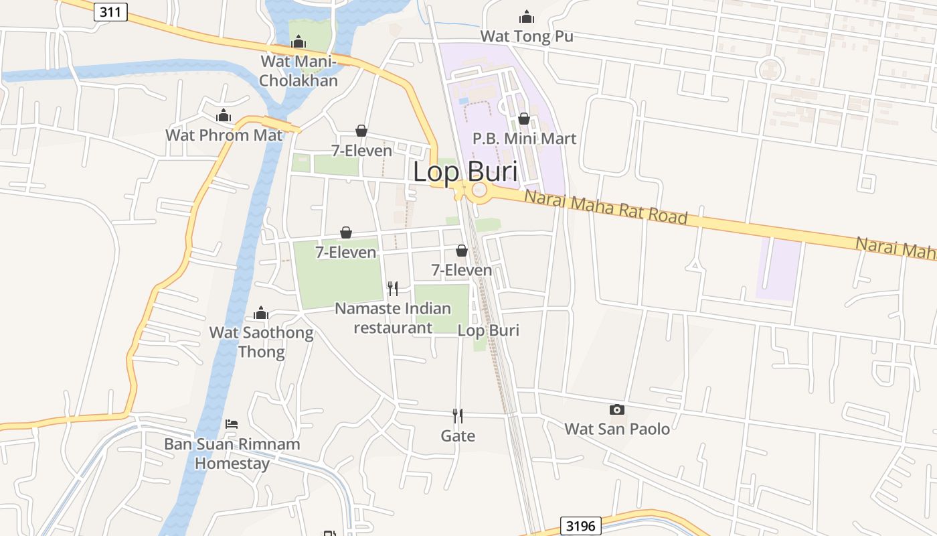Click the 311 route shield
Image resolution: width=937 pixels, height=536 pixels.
coord(110,11)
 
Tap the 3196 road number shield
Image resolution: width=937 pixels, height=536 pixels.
coord(580,526)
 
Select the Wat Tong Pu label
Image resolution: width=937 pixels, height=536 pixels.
coord(527,36)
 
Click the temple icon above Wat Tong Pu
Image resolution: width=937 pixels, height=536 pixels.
coord(527,17)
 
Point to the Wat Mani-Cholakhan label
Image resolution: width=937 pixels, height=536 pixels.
coord(299,70)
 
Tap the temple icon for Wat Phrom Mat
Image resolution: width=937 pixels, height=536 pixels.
coord(224,115)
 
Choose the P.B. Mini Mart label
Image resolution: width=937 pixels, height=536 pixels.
coord(524,139)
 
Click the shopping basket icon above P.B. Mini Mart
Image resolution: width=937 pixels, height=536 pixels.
coord(524,119)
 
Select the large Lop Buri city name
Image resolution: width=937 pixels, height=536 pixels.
coord(465,172)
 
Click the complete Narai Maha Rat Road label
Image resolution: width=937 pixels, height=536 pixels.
coord(606,207)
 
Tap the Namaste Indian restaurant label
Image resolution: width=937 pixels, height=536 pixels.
coord(393,318)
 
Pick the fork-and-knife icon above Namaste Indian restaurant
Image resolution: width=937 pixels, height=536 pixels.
coord(393,289)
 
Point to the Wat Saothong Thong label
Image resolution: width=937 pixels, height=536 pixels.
coord(261,342)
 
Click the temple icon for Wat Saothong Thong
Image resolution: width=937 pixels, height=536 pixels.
coord(261,313)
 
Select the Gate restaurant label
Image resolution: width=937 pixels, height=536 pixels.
coord(458,436)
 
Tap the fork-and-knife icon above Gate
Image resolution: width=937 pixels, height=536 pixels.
coord(458,416)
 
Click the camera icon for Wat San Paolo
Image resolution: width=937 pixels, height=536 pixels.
coord(617,409)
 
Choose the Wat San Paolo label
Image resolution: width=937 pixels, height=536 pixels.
coord(617,429)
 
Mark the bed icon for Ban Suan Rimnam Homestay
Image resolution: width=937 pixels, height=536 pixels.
coord(232,424)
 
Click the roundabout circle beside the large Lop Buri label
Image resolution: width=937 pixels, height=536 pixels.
coord(480,190)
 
